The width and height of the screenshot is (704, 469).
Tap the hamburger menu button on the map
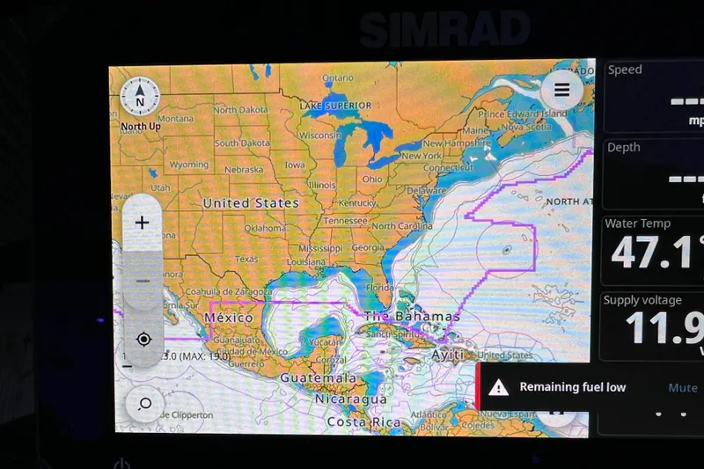[562, 89]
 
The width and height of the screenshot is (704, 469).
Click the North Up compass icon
[140, 99]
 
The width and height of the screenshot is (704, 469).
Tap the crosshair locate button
[143, 339]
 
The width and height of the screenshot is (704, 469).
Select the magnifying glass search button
[144, 404]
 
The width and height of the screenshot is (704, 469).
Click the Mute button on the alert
[682, 387]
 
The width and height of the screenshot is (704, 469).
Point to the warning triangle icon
[499, 387]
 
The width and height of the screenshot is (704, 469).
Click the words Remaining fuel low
[573, 387]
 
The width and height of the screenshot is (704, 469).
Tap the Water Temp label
[637, 224]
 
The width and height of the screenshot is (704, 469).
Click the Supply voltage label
[642, 300]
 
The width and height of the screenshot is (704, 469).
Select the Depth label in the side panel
[624, 147]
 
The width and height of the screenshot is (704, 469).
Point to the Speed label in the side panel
[625, 70]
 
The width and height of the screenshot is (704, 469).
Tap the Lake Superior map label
[335, 106]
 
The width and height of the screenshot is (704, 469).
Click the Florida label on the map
[380, 287]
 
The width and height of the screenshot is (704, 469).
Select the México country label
[228, 317]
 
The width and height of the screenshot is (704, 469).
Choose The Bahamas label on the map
[412, 316]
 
